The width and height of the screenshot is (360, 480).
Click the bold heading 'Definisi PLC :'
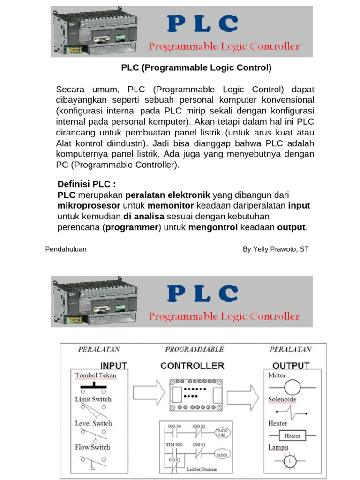tap(86, 184)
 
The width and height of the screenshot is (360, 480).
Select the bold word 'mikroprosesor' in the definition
tap(89, 206)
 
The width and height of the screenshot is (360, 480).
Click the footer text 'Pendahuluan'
tap(66, 249)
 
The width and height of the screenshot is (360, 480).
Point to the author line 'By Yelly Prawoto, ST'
tap(276, 249)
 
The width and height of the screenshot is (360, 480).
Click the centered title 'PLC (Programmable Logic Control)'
tap(196, 68)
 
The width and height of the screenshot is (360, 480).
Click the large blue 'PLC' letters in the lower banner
tap(202, 294)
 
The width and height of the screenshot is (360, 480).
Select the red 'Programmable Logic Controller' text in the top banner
tap(224, 46)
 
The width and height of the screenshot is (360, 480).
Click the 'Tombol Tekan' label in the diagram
tap(96, 375)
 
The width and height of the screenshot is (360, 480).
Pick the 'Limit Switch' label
tap(93, 399)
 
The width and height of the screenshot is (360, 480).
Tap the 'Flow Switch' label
tap(92, 447)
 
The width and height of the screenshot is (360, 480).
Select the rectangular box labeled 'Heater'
tap(292, 435)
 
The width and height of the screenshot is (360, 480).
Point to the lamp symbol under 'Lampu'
tap(291, 462)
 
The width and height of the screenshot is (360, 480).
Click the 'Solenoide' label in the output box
tap(283, 399)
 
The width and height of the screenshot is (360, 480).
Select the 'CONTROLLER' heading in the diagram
tap(192, 366)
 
